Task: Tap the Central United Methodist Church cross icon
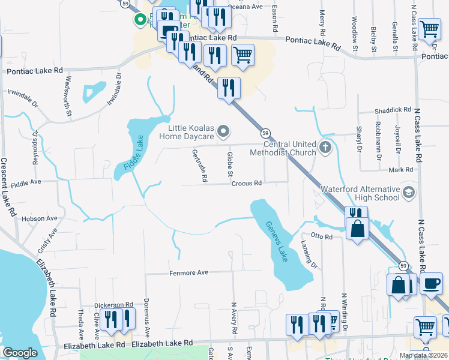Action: point(325,147)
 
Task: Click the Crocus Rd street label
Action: point(247,183)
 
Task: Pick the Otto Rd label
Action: point(321,237)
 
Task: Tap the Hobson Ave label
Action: point(38,219)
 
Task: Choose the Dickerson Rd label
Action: point(113,305)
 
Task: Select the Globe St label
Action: point(229,164)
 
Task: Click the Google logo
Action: point(20,353)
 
